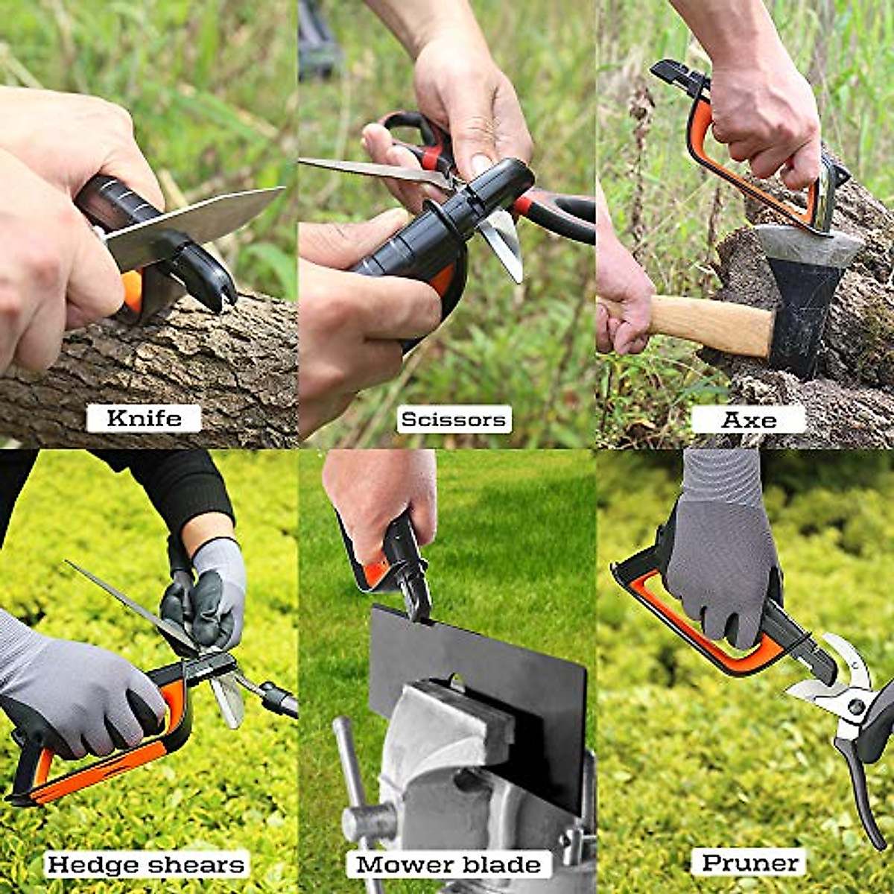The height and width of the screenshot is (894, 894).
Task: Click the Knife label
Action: (x=144, y=418)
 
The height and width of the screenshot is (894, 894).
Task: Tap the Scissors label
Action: (x=453, y=419)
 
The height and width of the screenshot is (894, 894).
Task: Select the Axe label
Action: (x=749, y=419)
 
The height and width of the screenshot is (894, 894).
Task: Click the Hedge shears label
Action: (x=145, y=865)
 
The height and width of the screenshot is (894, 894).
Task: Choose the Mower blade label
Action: (x=448, y=865)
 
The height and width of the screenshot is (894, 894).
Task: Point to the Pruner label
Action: (x=751, y=863)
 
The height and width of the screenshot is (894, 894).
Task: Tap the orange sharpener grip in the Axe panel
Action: (x=745, y=179)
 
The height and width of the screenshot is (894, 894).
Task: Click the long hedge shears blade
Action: (x=127, y=603)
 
